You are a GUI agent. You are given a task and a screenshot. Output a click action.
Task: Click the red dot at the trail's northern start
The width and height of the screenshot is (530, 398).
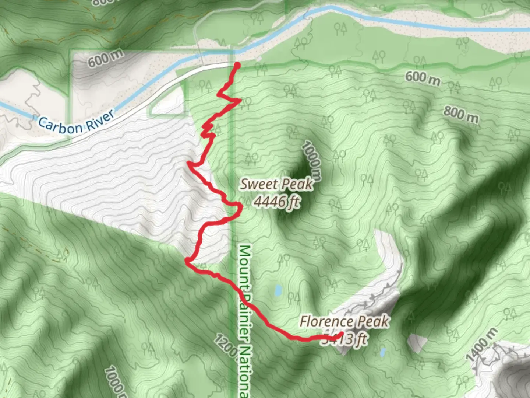237,66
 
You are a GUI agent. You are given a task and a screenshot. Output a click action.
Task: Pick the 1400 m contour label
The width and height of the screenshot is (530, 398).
482,345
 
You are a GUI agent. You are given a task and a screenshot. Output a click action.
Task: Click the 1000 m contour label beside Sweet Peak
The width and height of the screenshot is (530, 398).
311,161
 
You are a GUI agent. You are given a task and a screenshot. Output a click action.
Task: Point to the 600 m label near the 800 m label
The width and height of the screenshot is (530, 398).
423,78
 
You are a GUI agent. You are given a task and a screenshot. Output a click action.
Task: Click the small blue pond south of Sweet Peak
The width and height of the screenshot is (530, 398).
278,290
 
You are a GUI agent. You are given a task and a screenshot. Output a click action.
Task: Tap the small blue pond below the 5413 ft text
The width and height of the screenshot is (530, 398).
383,352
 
